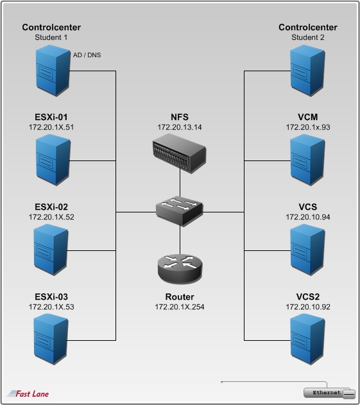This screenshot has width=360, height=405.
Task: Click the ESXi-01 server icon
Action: click(53, 160)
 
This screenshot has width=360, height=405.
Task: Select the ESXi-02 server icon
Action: click(51, 250)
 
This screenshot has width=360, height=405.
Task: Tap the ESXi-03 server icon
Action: click(51, 339)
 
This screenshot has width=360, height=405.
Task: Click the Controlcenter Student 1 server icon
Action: click(53, 70)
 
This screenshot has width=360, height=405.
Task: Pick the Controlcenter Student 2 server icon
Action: click(307, 70)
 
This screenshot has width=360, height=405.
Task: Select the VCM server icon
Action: click(307, 160)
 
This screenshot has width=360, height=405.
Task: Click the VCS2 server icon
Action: click(307, 339)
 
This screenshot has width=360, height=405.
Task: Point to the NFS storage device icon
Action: click(180, 153)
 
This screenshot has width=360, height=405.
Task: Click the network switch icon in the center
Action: click(180, 211)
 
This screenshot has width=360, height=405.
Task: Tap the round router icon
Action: click(180, 269)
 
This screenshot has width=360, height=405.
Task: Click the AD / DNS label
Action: click(87, 55)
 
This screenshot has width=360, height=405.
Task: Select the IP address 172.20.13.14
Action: click(180, 127)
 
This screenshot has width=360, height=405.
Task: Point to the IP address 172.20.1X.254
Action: click(180, 307)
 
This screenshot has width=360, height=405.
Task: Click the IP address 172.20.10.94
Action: click(308, 217)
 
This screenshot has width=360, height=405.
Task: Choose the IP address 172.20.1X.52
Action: click(51, 217)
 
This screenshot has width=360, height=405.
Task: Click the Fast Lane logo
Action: click(28, 393)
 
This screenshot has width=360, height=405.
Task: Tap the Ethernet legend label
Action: click(327, 393)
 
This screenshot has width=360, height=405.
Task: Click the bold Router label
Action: click(180, 297)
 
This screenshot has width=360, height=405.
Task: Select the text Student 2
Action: click(308, 37)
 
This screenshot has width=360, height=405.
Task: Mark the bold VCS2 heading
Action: click(308, 297)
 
